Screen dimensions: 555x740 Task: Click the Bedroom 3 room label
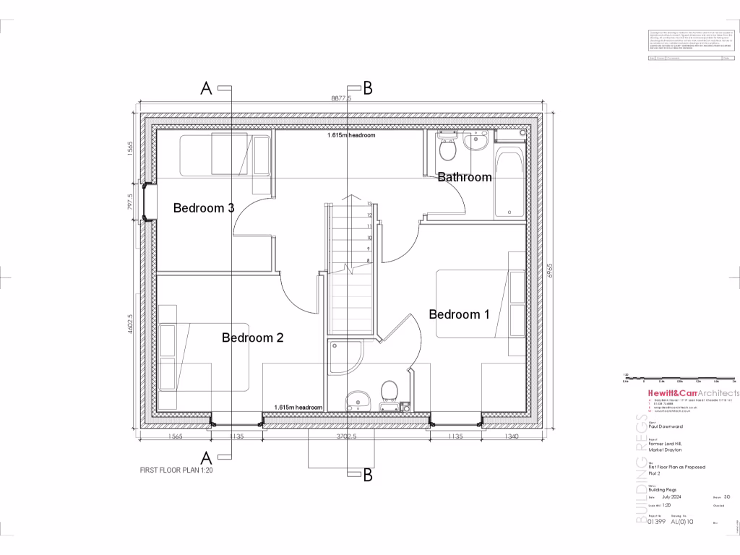pyautogui.click(x=203, y=208)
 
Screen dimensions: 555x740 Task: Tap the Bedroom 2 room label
pyautogui.click(x=252, y=337)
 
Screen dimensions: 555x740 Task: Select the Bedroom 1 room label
pyautogui.click(x=459, y=314)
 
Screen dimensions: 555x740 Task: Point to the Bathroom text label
pyautogui.click(x=465, y=177)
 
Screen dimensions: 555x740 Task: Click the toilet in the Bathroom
pyautogui.click(x=446, y=150)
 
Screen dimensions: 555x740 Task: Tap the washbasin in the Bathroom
pyautogui.click(x=476, y=145)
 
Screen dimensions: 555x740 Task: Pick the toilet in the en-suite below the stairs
pyautogui.click(x=389, y=391)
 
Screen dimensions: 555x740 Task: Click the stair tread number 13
pyautogui.click(x=369, y=205)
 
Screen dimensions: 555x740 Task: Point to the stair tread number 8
pyautogui.click(x=369, y=260)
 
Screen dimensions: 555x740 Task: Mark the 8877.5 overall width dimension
pyautogui.click(x=340, y=98)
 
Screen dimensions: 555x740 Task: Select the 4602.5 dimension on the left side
pyautogui.click(x=130, y=323)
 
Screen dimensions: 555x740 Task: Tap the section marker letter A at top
pyautogui.click(x=206, y=88)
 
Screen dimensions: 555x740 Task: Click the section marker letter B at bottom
pyautogui.click(x=367, y=475)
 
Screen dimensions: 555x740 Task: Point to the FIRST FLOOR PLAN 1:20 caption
pyautogui.click(x=176, y=470)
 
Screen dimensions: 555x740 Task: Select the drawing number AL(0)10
pyautogui.click(x=682, y=520)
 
